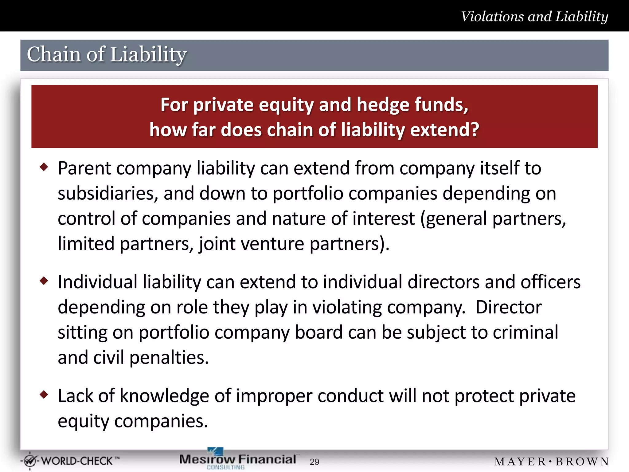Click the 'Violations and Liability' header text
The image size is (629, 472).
click(x=534, y=17)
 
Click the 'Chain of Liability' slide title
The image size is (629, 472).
click(x=107, y=54)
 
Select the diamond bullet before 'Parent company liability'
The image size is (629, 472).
click(x=44, y=167)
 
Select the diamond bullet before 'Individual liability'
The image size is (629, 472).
click(x=44, y=281)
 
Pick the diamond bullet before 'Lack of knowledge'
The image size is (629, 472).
click(x=44, y=394)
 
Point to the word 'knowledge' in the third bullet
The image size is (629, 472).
click(x=164, y=396)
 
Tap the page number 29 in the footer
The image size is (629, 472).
click(x=314, y=462)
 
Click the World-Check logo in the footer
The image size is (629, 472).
click(x=70, y=461)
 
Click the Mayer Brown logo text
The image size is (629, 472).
click(x=551, y=462)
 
